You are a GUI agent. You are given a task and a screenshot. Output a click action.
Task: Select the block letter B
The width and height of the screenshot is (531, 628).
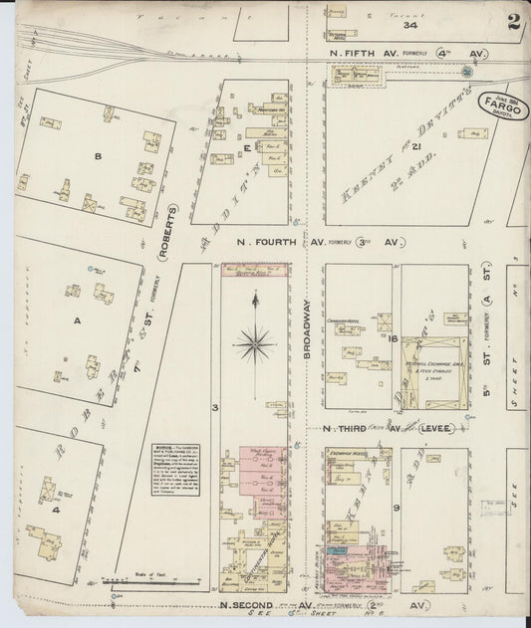pyautogui.click(x=98, y=156)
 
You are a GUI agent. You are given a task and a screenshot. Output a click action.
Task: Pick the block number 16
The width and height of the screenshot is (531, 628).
pyautogui.click(x=395, y=340)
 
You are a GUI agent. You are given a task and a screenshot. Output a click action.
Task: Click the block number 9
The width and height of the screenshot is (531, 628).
pyautogui.click(x=397, y=509)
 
